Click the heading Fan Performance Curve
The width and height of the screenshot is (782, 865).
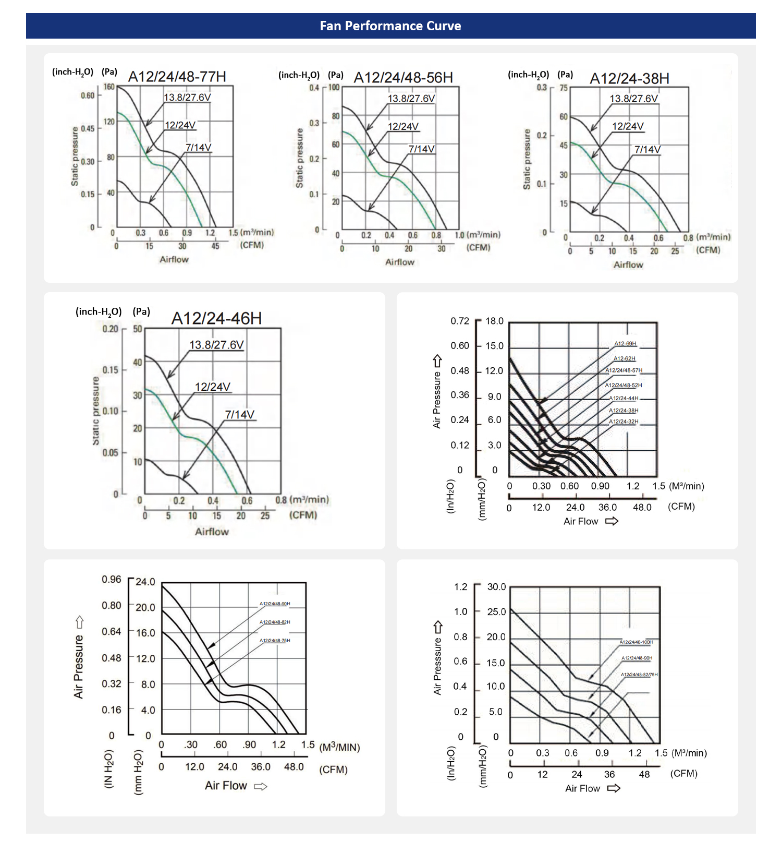[x=390, y=26]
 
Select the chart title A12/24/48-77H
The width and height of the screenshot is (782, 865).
[x=177, y=77]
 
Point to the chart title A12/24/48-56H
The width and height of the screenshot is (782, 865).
[x=404, y=78]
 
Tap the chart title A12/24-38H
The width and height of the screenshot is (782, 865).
[x=629, y=79]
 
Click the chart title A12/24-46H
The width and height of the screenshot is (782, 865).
[x=216, y=318]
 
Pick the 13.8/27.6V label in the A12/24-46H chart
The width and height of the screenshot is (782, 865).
[x=216, y=345]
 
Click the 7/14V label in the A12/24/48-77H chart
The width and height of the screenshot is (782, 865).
[x=199, y=148]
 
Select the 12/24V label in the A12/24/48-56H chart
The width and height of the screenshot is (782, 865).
[x=403, y=126]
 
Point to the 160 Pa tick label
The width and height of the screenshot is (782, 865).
[x=109, y=87]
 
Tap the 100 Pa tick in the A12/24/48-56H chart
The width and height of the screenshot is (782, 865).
[x=334, y=88]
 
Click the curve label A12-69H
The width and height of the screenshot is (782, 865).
[x=625, y=344]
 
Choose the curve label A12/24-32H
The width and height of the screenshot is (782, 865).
[x=624, y=422]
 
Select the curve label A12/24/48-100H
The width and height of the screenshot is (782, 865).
[x=636, y=642]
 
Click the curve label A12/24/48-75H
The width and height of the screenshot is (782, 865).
[x=275, y=641]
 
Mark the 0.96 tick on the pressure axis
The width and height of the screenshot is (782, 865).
[x=111, y=580]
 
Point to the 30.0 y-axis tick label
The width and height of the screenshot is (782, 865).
[x=496, y=587]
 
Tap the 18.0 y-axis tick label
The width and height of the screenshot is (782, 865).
[x=494, y=321]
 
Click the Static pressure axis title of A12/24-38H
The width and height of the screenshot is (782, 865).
[x=527, y=159]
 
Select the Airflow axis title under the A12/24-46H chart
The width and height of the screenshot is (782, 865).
[x=212, y=532]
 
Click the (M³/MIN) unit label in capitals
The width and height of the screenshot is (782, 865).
[x=339, y=748]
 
